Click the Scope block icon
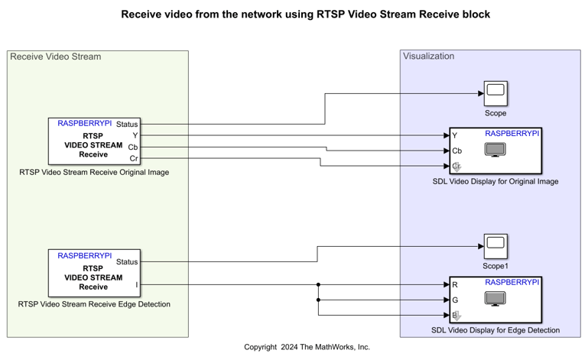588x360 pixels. click(495, 93)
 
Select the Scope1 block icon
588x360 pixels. click(495, 246)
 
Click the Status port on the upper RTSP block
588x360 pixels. click(127, 124)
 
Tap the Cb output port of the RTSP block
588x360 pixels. click(133, 147)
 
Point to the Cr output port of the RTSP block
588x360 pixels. click(134, 158)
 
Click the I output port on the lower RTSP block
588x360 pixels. click(137, 285)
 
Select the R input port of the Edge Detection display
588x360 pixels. click(455, 285)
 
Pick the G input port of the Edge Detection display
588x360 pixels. click(455, 300)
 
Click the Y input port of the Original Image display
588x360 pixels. click(455, 136)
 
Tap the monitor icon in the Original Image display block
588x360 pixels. click(495, 150)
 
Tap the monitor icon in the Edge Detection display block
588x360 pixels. click(495, 299)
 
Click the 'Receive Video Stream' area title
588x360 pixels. click(55, 57)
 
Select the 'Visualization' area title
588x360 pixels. click(428, 56)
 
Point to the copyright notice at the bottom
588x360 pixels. click(307, 347)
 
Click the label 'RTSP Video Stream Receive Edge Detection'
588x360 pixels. click(94, 304)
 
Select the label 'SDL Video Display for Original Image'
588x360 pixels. click(495, 181)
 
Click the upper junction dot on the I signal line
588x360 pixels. click(317, 285)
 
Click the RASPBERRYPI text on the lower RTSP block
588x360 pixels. click(84, 255)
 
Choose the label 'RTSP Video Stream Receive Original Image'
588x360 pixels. click(94, 172)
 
